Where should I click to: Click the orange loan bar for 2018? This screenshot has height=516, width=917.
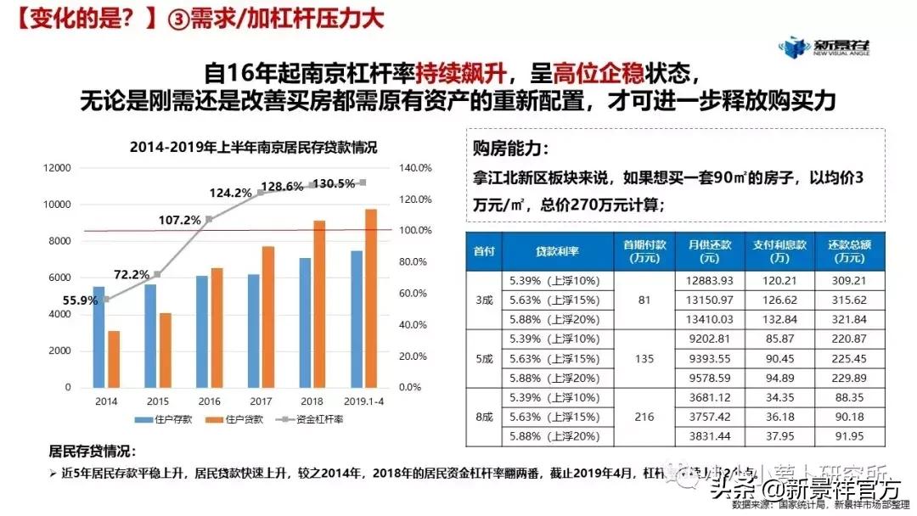pos(319,303)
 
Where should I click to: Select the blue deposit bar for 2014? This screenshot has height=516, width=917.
pos(98,336)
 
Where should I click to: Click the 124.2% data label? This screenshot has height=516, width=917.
pos(230,193)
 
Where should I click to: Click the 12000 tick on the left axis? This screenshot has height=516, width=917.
pos(58,168)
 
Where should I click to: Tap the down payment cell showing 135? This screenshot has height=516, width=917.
pos(644,358)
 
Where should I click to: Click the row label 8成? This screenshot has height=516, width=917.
pos(484,417)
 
